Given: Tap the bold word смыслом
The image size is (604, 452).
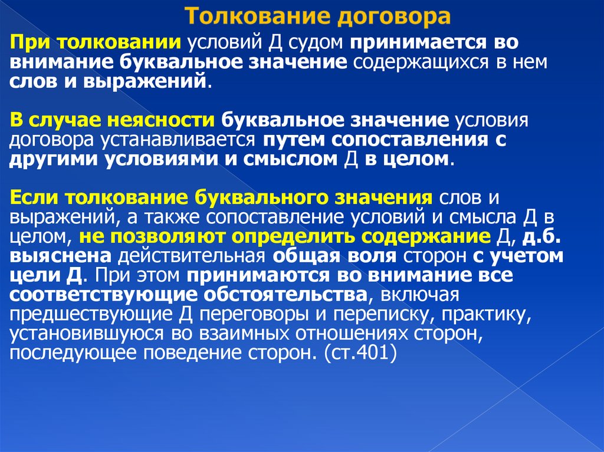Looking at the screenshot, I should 290,159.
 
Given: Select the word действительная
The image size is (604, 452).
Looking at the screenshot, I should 193,256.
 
